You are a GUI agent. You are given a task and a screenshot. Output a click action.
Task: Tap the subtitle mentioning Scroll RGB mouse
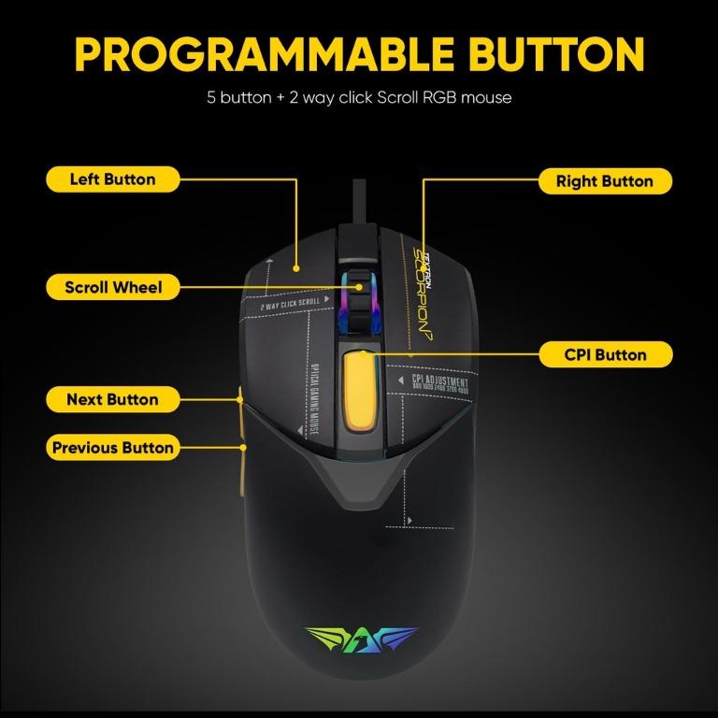[x=359, y=97]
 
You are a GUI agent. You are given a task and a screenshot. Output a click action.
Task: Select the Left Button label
[x=112, y=179]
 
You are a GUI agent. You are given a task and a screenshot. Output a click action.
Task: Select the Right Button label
[x=604, y=181]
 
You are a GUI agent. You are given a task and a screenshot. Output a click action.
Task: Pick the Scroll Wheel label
[x=113, y=287]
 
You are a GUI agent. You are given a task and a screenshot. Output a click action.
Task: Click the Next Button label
[x=112, y=399]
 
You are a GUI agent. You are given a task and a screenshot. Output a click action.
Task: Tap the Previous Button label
[x=112, y=448]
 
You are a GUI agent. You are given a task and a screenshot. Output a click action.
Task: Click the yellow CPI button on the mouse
[x=358, y=392]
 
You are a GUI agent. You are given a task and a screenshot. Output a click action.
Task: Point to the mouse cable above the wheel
[x=357, y=201]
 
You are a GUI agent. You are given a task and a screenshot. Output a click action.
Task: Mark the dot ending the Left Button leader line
[x=297, y=266]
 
